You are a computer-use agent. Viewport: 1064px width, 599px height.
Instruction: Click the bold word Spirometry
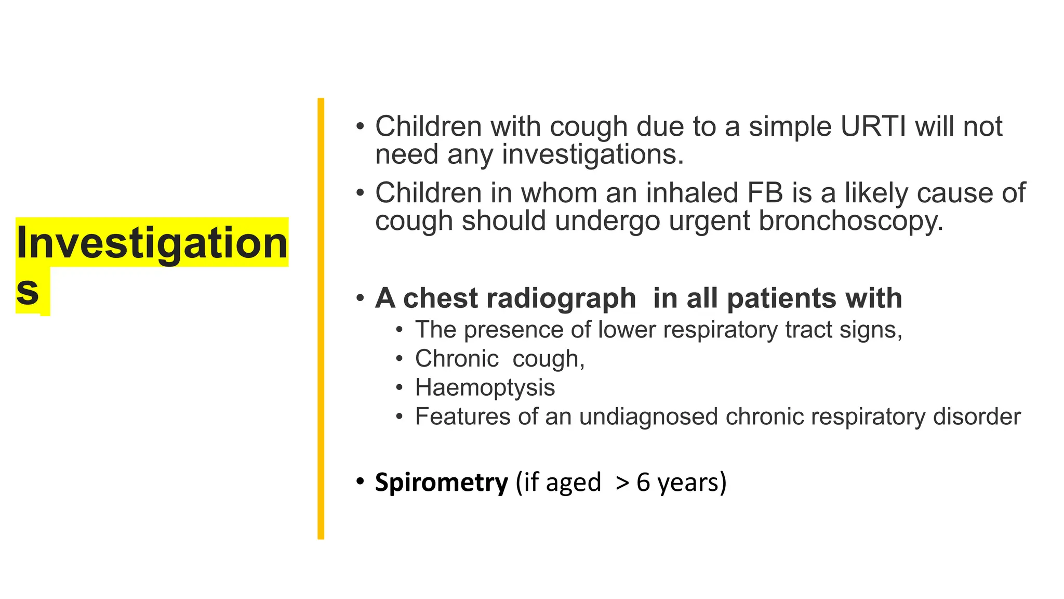point(441,483)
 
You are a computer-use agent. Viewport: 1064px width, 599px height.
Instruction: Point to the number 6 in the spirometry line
point(643,483)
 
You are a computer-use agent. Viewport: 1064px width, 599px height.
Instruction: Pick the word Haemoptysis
point(485,388)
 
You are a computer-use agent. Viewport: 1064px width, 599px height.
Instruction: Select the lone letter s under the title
point(28,291)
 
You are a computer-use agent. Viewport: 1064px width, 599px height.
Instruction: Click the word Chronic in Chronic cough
point(457,359)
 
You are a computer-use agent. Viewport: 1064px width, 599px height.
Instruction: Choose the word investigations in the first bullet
point(592,155)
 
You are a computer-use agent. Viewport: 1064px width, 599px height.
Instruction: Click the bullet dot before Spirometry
point(360,482)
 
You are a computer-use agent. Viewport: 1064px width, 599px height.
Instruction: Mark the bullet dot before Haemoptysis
point(399,388)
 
